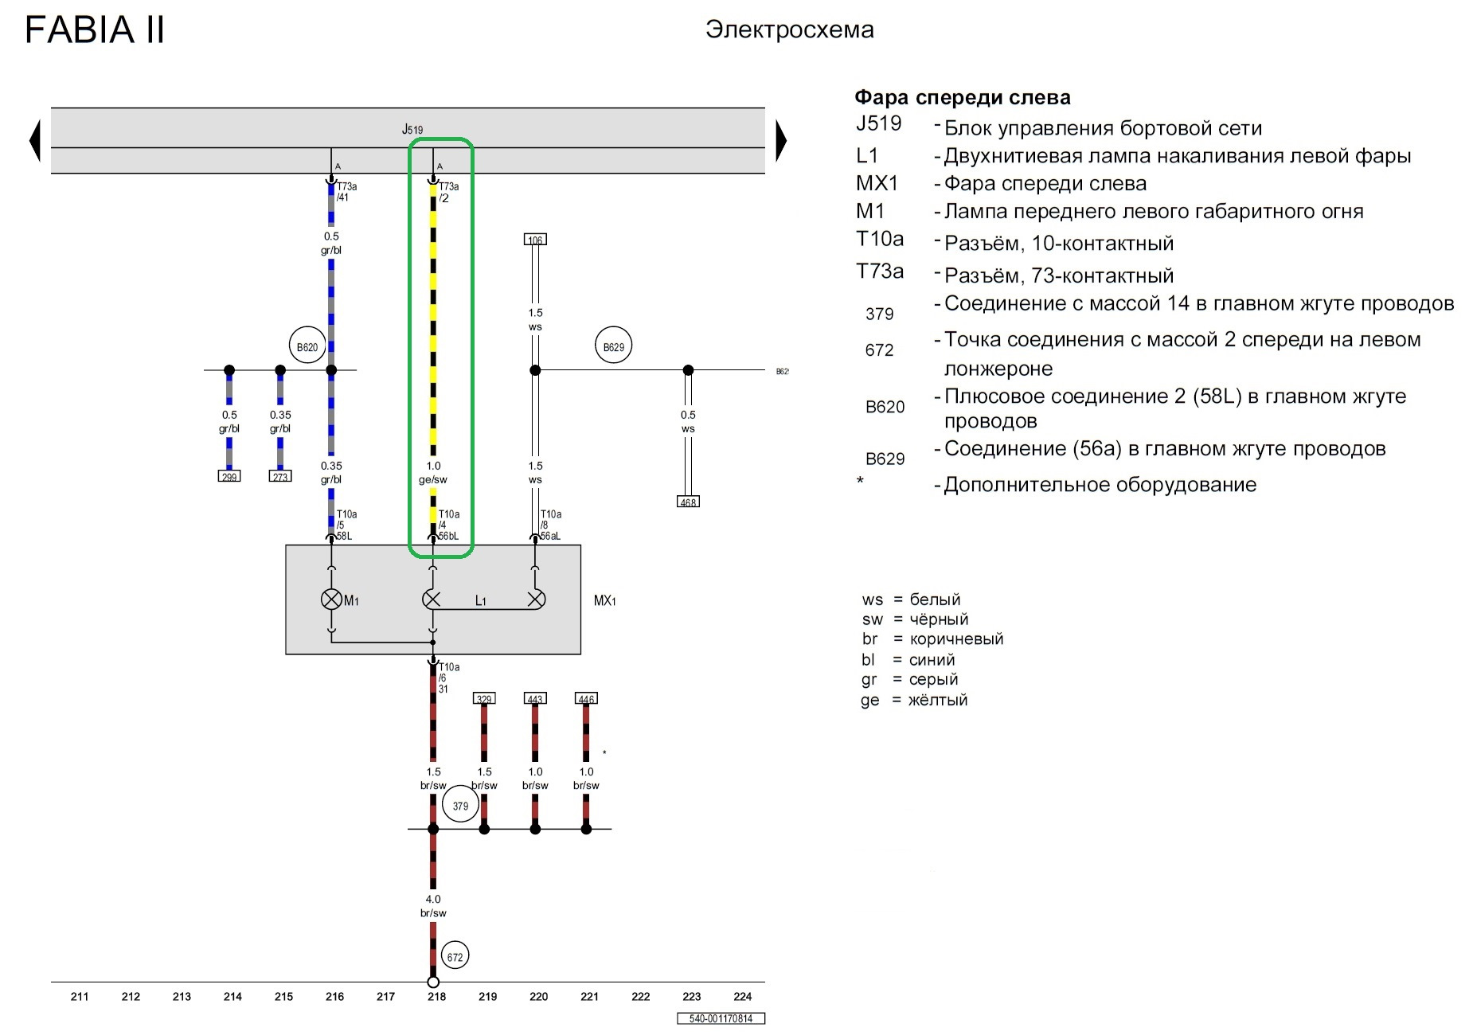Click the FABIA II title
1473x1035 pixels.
click(x=95, y=30)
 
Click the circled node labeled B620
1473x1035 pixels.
click(x=307, y=347)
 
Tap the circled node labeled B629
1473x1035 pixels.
click(x=613, y=347)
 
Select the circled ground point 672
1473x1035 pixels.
click(x=455, y=956)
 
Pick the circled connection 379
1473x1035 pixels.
click(x=460, y=806)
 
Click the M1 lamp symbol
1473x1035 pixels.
click(x=331, y=600)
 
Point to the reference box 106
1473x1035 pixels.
click(x=535, y=240)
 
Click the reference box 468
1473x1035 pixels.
click(x=688, y=502)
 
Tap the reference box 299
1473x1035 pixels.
click(x=229, y=476)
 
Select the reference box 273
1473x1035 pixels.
click(x=280, y=476)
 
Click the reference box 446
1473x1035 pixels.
click(x=586, y=698)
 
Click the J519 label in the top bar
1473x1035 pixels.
click(x=412, y=129)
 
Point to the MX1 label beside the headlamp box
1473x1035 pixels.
click(x=604, y=600)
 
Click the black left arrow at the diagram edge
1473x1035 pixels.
click(x=34, y=141)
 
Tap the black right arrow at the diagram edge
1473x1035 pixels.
click(x=781, y=141)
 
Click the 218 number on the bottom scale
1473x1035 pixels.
click(x=436, y=996)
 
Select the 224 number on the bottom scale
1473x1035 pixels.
click(x=742, y=996)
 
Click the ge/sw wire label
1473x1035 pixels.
click(x=433, y=479)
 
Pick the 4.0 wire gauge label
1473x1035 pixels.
click(x=433, y=899)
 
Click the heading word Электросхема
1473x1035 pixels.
click(x=790, y=30)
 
